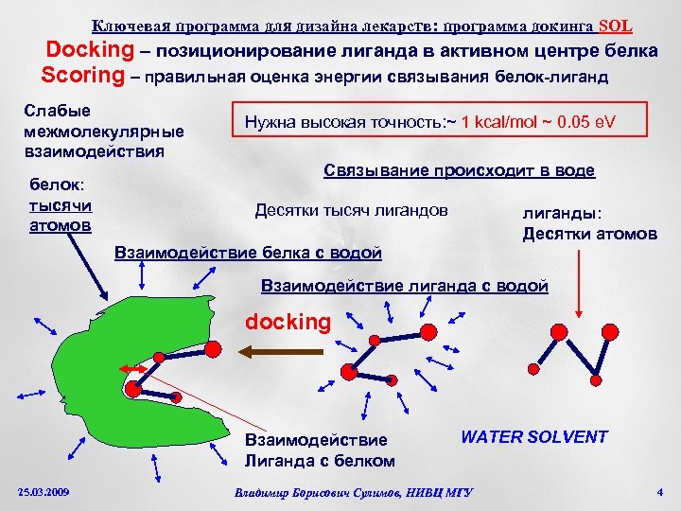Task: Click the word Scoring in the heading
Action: (x=82, y=74)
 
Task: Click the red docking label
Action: (x=288, y=322)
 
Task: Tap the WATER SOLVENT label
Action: (x=534, y=437)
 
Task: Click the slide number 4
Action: (x=660, y=491)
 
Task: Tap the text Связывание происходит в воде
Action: (x=459, y=170)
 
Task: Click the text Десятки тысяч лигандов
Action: (x=352, y=210)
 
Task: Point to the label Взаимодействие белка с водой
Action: (x=248, y=253)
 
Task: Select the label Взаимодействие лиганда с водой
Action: (x=404, y=285)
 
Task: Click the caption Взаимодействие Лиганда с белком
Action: (x=320, y=450)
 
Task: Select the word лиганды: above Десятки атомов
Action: (x=562, y=213)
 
